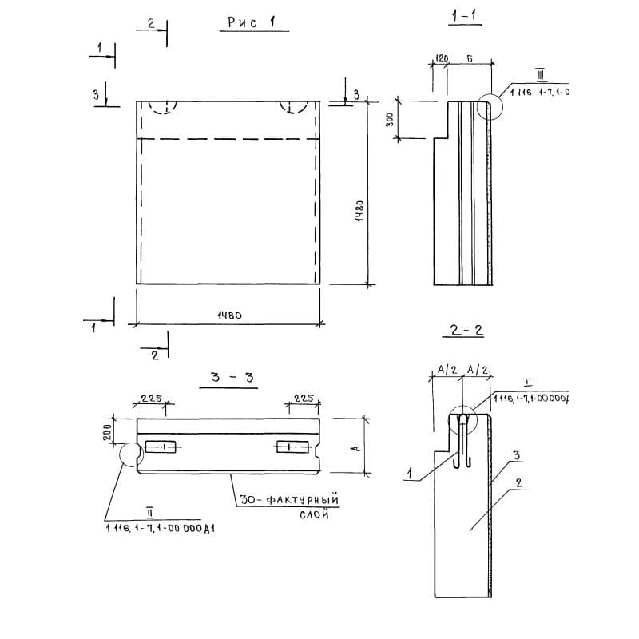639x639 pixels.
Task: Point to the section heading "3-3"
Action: (x=232, y=378)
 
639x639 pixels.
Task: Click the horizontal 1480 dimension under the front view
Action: (x=229, y=316)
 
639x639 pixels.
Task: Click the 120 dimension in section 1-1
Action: (x=440, y=59)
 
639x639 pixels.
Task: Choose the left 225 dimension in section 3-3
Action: (x=151, y=398)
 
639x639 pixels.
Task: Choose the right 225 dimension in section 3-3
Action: (x=303, y=398)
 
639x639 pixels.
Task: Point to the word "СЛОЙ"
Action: (x=315, y=515)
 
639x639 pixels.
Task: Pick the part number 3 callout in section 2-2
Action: (x=518, y=455)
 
